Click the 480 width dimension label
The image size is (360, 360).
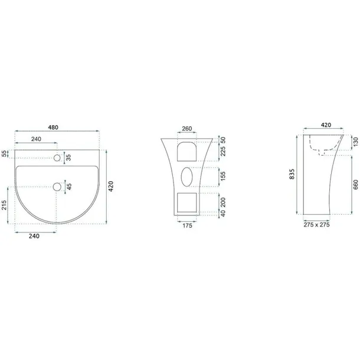pos(53,127)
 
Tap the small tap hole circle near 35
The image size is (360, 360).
pos(57,158)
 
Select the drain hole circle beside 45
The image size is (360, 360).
pos(57,187)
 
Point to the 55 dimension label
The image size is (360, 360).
pos(4,153)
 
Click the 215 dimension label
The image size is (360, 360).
pos(4,205)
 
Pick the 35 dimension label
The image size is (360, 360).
pos(68,158)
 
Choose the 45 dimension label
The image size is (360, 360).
pos(69,186)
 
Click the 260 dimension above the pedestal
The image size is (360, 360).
pos(187,129)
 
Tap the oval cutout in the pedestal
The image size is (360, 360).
pos(186,176)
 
